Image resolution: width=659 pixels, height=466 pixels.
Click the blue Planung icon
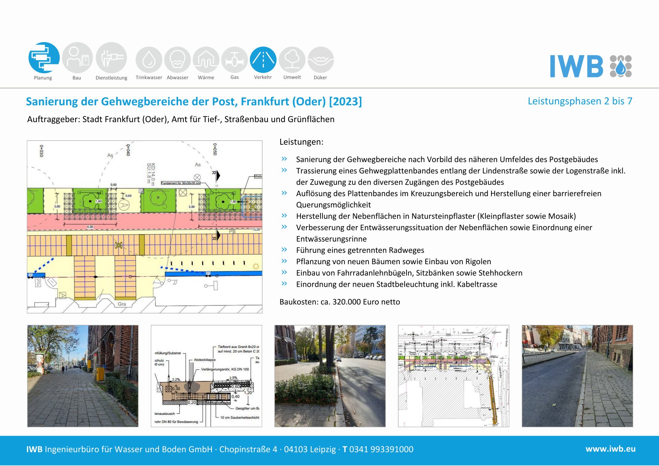tap(44, 57)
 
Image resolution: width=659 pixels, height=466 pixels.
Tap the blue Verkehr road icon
tap(263, 60)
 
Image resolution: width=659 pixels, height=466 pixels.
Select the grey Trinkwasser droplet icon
tap(149, 60)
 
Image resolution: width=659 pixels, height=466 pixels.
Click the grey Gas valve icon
tap(234, 60)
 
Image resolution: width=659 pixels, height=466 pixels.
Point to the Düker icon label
tap(320, 78)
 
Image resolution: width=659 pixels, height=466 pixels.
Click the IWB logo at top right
tap(591, 67)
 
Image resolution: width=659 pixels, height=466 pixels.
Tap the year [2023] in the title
tap(345, 101)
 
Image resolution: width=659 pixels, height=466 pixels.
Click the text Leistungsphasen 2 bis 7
tap(580, 101)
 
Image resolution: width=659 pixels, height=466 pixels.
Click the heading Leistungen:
tap(301, 142)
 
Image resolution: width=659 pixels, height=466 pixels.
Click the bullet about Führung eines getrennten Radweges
tap(360, 250)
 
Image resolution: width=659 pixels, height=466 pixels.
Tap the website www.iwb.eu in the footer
tap(610, 449)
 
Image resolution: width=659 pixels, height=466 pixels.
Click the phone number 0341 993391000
tap(381, 449)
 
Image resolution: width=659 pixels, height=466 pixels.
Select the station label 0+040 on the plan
tap(128, 150)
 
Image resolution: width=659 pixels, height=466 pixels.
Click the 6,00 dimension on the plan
tap(90, 227)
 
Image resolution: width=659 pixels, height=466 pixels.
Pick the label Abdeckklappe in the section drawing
tap(205, 360)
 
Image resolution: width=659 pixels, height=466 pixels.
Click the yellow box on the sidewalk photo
tap(100, 374)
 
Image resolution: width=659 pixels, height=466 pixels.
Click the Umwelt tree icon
tap(292, 60)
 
